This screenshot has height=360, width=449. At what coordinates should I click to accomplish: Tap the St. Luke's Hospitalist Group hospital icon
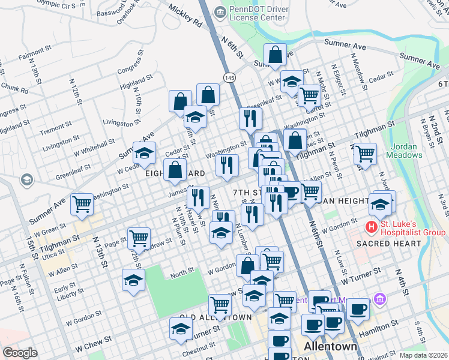pos(372,227)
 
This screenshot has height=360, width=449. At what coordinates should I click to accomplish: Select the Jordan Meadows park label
pos(406,151)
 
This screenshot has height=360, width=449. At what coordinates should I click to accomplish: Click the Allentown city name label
pos(331,347)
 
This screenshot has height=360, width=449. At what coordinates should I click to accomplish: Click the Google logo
pos(20,353)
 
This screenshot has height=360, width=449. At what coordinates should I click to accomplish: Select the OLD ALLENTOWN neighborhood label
pos(215,317)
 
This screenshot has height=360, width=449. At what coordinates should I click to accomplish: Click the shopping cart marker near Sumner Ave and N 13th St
pos(82,204)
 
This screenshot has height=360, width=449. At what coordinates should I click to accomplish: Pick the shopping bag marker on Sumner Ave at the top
pos(275,55)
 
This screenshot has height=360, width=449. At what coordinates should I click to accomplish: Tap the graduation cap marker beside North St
pos(133,280)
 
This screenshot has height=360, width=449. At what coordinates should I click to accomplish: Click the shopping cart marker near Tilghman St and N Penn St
pos(365,154)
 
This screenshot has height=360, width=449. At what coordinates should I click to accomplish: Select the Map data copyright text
pos(423,355)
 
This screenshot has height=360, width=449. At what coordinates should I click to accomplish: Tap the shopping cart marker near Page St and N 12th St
pos(139,238)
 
